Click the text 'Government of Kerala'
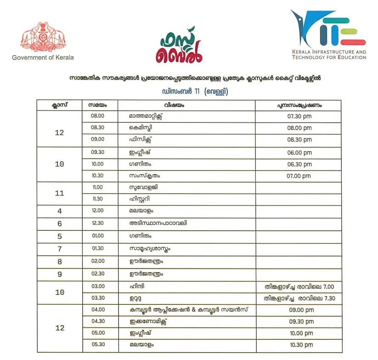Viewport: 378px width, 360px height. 43,57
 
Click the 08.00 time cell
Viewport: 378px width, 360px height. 98,116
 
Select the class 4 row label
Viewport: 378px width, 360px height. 59,211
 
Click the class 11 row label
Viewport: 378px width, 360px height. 59,194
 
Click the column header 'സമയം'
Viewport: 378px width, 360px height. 98,105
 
